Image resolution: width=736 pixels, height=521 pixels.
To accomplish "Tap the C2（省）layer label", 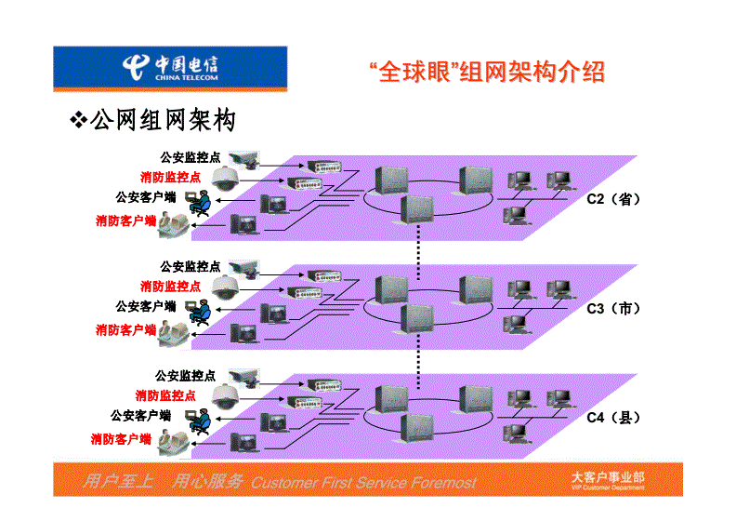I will click(x=613, y=199).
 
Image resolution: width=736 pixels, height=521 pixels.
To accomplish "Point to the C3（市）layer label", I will click(x=613, y=308).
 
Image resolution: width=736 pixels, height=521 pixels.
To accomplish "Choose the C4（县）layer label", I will click(x=613, y=418).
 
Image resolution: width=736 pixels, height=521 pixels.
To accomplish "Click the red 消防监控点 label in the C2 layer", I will click(x=170, y=177).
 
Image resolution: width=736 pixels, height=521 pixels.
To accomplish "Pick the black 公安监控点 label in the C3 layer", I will click(x=191, y=266).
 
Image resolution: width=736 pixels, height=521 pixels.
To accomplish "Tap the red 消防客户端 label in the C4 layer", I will click(x=121, y=437).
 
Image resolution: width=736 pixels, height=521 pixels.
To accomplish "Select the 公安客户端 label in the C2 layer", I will click(x=146, y=197).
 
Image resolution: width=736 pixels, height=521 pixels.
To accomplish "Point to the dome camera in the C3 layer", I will click(x=224, y=286).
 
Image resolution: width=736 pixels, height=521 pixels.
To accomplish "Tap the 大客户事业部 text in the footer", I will click(x=607, y=477).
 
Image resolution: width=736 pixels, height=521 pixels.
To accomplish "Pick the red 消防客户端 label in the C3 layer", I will click(x=125, y=328).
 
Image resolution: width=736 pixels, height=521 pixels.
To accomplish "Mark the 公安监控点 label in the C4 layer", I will click(x=186, y=376).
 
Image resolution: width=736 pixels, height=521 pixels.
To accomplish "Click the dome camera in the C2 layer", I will click(x=225, y=178).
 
